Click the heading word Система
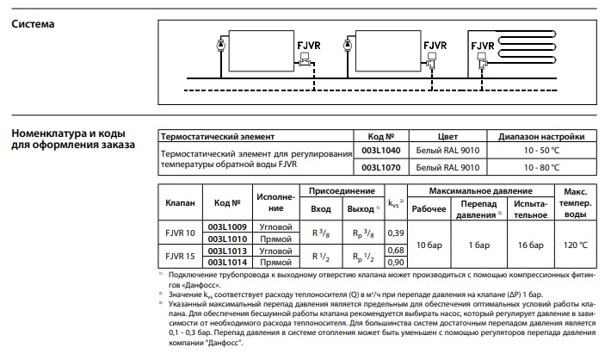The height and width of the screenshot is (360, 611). pyautogui.click(x=33, y=23)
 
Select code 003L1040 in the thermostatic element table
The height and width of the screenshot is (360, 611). pyautogui.click(x=380, y=150)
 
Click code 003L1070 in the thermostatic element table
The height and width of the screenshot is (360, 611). pyautogui.click(x=380, y=167)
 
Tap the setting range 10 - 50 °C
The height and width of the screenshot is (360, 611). pyautogui.click(x=541, y=150)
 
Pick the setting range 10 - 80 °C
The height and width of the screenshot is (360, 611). pyautogui.click(x=541, y=167)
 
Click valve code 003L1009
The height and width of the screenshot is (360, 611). pyautogui.click(x=227, y=227)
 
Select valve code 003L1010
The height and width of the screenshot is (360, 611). pyautogui.click(x=227, y=237)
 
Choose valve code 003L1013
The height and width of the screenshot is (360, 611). pyautogui.click(x=227, y=250)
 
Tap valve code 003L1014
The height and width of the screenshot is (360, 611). pyautogui.click(x=227, y=261)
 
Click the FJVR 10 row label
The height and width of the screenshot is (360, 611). pyautogui.click(x=180, y=233)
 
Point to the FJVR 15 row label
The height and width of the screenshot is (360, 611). pyautogui.click(x=180, y=255)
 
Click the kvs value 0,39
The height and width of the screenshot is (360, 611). pyautogui.click(x=396, y=233)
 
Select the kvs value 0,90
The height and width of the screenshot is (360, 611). pyautogui.click(x=396, y=261)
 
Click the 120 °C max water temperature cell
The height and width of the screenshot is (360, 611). pyautogui.click(x=575, y=245)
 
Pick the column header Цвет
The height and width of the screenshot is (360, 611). pyautogui.click(x=448, y=136)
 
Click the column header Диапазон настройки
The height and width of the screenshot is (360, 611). pyautogui.click(x=541, y=136)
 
